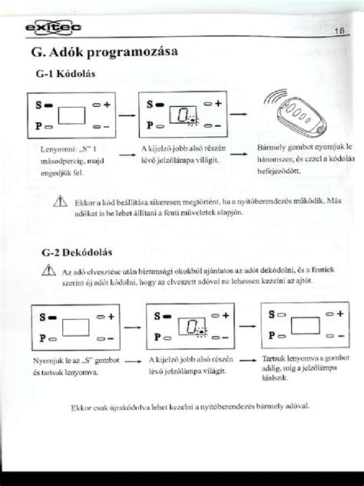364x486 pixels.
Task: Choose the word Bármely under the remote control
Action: click(271, 145)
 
